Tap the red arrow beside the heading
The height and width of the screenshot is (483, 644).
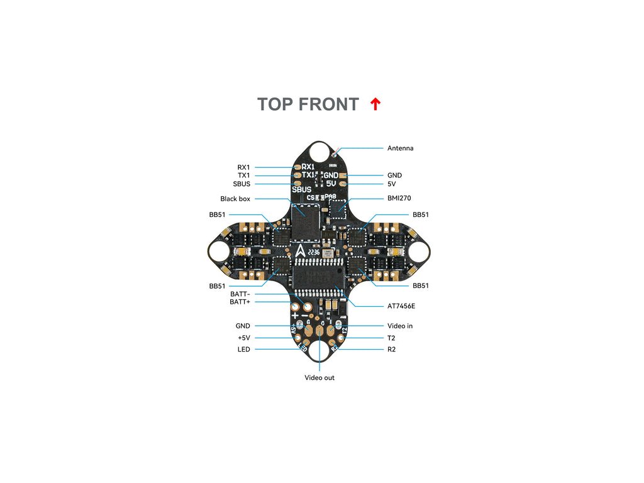coord(375,104)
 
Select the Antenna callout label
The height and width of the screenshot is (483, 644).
coord(400,148)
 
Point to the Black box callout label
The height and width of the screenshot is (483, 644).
coord(235,199)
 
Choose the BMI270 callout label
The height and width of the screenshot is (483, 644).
coord(399,199)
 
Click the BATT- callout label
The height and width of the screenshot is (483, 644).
coord(240,294)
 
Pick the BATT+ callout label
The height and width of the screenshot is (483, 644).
coord(240,302)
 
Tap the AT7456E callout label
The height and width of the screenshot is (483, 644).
coord(401,306)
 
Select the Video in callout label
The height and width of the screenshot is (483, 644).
coord(400,326)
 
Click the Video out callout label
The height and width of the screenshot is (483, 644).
coord(319,378)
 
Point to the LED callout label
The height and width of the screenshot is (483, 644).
coord(243,349)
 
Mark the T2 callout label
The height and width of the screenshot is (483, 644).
coord(391,338)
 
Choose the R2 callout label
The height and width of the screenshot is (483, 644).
coord(391,349)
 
